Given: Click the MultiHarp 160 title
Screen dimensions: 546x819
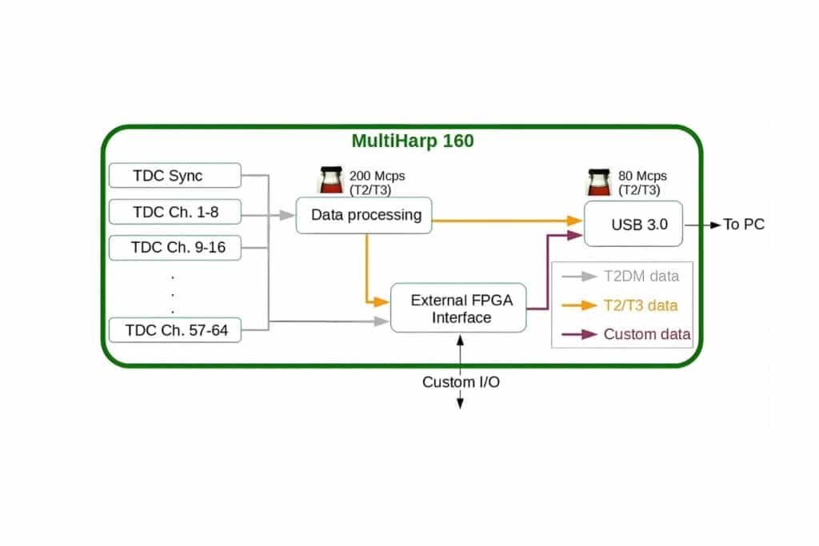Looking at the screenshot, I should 413,141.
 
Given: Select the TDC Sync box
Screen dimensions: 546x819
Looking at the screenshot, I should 174,176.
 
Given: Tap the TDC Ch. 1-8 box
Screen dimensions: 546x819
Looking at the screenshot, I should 174,213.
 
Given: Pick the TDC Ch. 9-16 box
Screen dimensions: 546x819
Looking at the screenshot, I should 174,248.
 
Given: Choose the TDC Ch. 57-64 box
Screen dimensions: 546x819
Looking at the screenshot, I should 174,329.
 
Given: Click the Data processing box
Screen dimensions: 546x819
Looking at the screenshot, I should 364,215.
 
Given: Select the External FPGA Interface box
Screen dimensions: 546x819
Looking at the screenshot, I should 458,309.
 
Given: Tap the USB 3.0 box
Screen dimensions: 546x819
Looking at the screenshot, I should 633,224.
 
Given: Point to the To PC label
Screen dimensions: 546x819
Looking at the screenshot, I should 744,225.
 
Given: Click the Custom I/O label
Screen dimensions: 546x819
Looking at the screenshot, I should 461,382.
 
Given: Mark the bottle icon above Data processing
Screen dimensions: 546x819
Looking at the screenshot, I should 330,181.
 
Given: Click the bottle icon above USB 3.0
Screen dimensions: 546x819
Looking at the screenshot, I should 599,183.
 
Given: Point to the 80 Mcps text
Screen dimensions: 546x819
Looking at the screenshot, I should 642,176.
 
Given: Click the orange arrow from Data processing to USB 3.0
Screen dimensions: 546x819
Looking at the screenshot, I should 504,220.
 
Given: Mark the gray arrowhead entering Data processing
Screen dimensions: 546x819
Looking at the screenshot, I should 287,215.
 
